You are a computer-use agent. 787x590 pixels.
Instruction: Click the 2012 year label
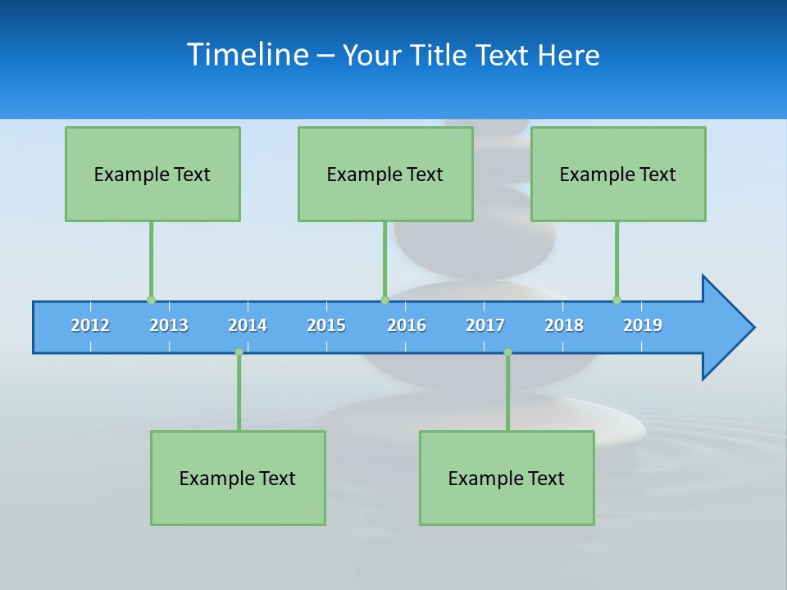coord(90,325)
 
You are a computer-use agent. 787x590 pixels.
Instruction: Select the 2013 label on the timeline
coord(169,325)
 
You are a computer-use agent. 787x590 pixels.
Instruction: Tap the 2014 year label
coord(248,325)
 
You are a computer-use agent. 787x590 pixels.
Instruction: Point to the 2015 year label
coord(326,325)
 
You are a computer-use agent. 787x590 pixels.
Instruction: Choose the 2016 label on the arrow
coord(407,325)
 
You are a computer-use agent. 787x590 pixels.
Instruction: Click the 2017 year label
coord(485,325)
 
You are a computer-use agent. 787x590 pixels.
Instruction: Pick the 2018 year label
coord(564,325)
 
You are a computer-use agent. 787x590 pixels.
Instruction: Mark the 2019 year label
coord(643,325)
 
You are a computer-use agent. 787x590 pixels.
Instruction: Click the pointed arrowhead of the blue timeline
coord(730,328)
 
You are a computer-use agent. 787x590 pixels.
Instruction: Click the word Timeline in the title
coord(246,55)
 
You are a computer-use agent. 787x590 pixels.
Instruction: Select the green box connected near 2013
coord(152,174)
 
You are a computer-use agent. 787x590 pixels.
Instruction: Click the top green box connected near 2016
coord(385,174)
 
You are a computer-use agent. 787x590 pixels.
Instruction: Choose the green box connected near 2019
coord(618,174)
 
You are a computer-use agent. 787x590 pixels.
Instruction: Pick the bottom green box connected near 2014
coord(238,478)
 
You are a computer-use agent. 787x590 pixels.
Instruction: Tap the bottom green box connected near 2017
coord(507,478)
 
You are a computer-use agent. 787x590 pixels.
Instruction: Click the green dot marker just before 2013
coord(151,300)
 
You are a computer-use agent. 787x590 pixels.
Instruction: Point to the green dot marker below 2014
coord(239,352)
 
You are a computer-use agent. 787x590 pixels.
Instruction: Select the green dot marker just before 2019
coord(616,300)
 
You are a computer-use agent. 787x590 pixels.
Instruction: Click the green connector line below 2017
coord(507,393)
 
